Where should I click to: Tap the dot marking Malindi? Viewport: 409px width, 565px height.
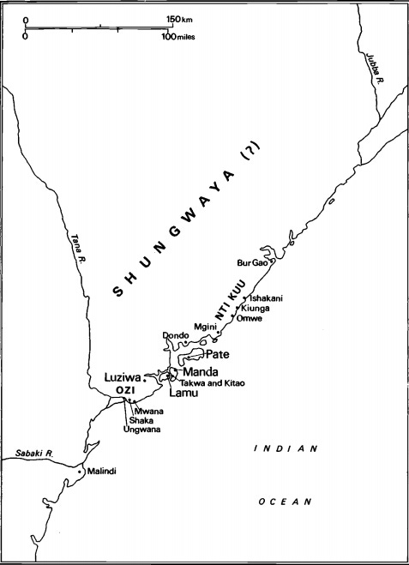(x=80, y=471)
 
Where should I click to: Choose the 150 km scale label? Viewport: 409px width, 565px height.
(x=177, y=19)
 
